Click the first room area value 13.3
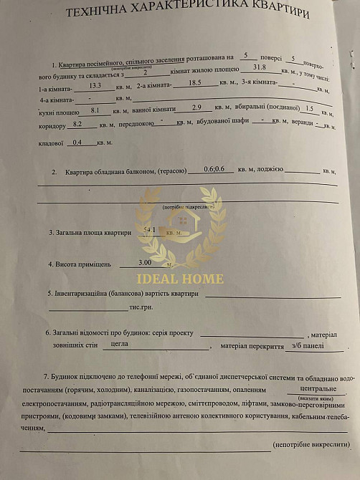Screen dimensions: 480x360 pos(95,85)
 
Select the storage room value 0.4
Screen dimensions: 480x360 pos(77,142)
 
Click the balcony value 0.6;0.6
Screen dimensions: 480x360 pos(214,168)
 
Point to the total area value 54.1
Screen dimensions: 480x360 pos(151,229)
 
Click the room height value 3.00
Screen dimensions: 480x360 pos(144,262)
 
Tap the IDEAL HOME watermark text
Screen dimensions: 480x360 pos(179,278)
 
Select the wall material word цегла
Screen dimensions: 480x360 pos(120,344)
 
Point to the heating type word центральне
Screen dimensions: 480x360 pos(306,389)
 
